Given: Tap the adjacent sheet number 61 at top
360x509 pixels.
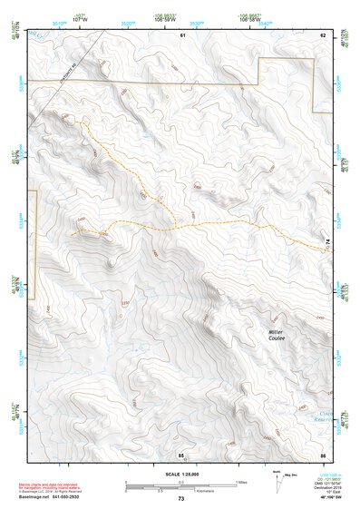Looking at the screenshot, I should coord(182,34).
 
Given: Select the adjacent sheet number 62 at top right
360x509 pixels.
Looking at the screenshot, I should coord(323,34).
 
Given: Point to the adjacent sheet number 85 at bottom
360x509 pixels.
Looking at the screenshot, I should coord(181,453).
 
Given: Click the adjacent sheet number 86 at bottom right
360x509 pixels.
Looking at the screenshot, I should coord(323,453).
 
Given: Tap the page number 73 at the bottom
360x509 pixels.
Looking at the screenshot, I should coord(181,499).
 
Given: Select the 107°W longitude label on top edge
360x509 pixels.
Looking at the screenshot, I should coord(80,18).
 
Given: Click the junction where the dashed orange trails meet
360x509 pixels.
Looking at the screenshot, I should coord(177,224).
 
